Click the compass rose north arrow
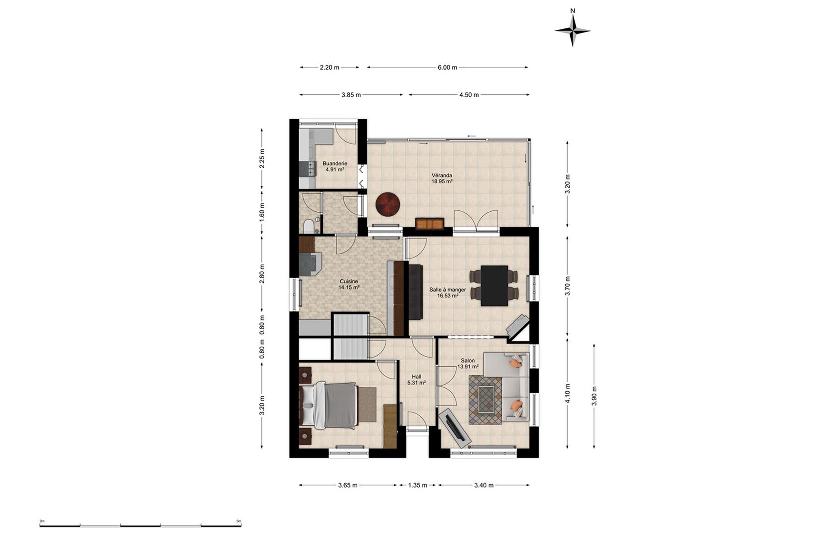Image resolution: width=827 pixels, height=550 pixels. pos(572,30)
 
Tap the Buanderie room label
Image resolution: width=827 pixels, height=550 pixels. pos(335,164)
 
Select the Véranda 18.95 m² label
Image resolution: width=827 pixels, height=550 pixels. pos(442,178)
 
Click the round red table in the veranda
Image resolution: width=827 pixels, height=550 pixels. pos(388,204)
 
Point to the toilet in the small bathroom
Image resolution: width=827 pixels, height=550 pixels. pos(309,226)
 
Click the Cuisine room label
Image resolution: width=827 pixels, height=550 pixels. pos(349,281)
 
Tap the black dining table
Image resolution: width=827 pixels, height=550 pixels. pos(495,286)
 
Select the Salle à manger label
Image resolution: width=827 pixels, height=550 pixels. pos(447,290)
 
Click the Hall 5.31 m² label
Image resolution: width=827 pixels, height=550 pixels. pos(417,380)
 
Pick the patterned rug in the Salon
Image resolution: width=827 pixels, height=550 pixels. pos(485,400)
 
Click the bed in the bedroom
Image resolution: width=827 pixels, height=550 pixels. pos(329,406)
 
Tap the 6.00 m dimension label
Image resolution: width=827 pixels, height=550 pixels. pos(447,67)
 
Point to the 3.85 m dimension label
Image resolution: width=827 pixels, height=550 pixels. pos(351,95)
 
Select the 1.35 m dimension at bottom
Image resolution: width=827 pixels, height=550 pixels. pos(418,485)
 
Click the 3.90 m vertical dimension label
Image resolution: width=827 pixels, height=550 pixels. pos(594,396)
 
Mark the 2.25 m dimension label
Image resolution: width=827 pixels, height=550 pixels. pos(262,159)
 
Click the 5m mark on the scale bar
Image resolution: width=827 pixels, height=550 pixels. pos(239,521)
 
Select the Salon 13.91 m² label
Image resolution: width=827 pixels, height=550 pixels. pos(468,363)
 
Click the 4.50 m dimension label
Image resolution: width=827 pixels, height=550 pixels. pos(469,95)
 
